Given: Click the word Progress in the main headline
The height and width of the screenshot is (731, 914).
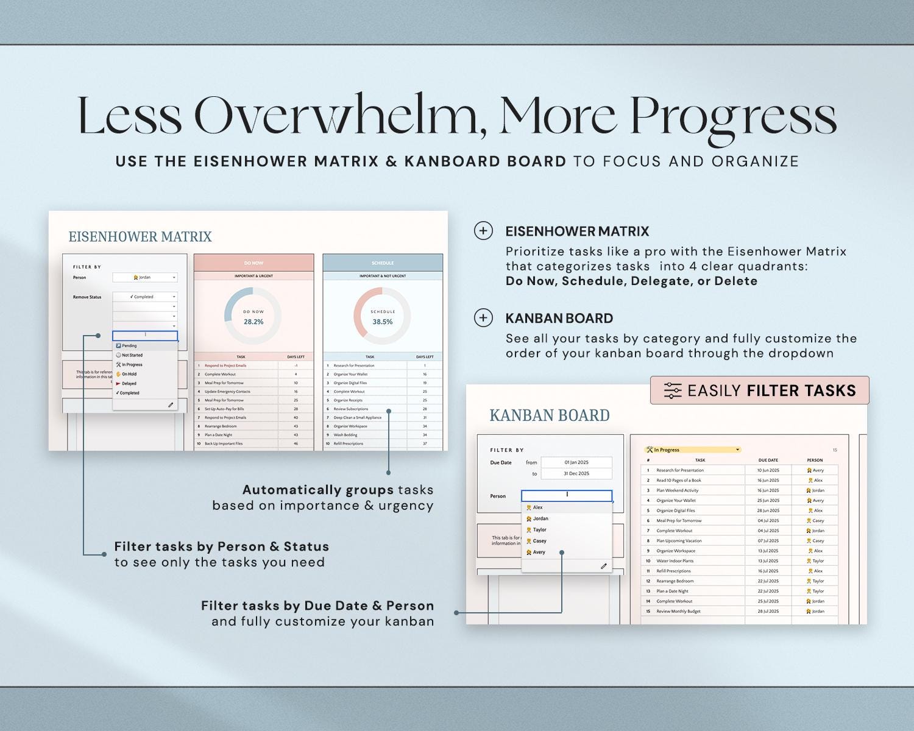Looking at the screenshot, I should click(x=733, y=116).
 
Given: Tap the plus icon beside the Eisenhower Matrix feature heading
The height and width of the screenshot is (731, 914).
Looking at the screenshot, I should click(x=483, y=231).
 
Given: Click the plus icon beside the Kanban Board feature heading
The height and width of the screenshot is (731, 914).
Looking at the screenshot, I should click(x=483, y=318).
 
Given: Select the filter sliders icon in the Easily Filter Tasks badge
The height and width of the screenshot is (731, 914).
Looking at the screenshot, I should click(x=672, y=390).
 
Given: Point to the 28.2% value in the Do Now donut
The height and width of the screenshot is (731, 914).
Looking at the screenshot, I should click(x=253, y=322).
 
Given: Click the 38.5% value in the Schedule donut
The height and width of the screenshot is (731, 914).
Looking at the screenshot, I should click(x=383, y=322).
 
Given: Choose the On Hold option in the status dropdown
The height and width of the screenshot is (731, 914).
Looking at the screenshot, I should click(x=129, y=374).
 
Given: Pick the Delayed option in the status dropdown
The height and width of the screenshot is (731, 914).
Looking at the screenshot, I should click(x=129, y=384).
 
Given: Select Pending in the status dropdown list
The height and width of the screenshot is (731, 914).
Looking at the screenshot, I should click(x=129, y=345).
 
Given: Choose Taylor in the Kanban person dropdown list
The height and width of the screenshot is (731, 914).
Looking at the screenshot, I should click(x=539, y=530).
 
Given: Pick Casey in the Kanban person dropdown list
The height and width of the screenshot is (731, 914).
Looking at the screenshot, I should click(x=539, y=541).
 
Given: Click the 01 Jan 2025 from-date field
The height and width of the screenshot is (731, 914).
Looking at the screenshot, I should click(x=576, y=462).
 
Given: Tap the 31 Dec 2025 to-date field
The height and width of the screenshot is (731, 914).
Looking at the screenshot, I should click(x=576, y=473).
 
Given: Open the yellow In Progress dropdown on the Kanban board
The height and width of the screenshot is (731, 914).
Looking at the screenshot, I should click(x=693, y=450).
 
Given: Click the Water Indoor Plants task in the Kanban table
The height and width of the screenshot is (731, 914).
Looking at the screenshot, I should click(x=675, y=560).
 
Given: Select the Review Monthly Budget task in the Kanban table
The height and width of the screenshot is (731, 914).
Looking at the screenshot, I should click(x=678, y=611).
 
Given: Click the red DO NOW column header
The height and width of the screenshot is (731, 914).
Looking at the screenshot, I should click(x=253, y=263).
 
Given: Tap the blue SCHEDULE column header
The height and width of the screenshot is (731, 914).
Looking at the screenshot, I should click(x=383, y=263).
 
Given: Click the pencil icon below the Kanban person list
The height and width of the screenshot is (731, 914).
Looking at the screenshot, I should click(x=603, y=566).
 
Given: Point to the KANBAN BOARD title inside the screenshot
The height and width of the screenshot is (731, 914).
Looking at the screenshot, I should click(x=549, y=415).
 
